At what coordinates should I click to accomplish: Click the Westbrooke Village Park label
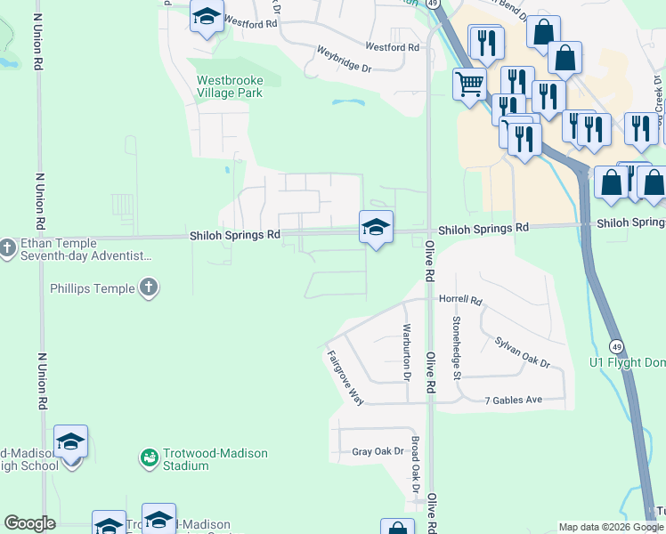click(x=229, y=86)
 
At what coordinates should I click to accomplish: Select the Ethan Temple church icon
click(x=9, y=245)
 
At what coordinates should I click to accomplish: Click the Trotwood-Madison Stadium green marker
click(x=149, y=458)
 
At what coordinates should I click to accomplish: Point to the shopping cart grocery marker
click(x=469, y=85)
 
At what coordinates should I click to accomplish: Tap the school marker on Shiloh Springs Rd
click(x=376, y=227)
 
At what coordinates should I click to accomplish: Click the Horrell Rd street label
click(x=459, y=301)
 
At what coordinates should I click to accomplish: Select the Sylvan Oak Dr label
click(x=523, y=352)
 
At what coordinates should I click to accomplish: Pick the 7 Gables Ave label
click(x=513, y=400)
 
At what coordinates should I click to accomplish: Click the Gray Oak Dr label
click(x=378, y=452)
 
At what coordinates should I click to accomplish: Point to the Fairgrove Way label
click(x=345, y=377)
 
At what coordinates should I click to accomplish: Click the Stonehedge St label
click(x=456, y=347)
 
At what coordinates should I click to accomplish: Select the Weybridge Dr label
click(x=344, y=63)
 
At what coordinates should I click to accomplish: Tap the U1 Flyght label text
click(x=627, y=362)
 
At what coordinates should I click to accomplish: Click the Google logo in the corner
click(x=29, y=523)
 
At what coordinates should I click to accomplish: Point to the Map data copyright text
click(x=611, y=527)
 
